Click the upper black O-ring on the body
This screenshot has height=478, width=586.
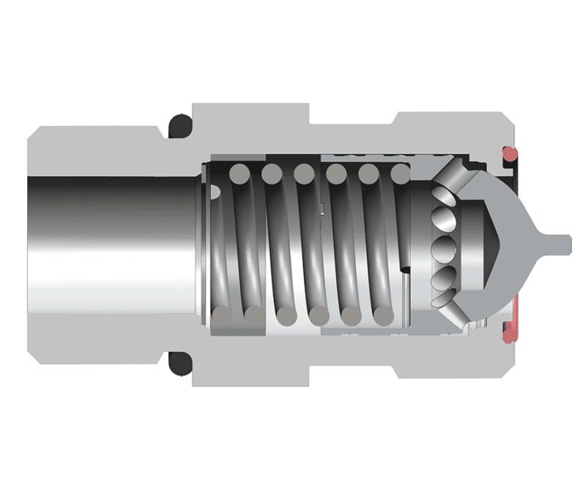pos(179,127)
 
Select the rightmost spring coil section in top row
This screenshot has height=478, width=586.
pos(401,174)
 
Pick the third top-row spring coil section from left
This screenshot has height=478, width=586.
pos(303,174)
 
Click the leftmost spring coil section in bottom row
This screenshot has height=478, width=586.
pos(221,317)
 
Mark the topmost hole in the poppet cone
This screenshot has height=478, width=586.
pos(442,196)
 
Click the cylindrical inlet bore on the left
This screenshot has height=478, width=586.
pos(110,242)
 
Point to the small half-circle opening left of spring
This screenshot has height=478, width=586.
pos(215,191)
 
